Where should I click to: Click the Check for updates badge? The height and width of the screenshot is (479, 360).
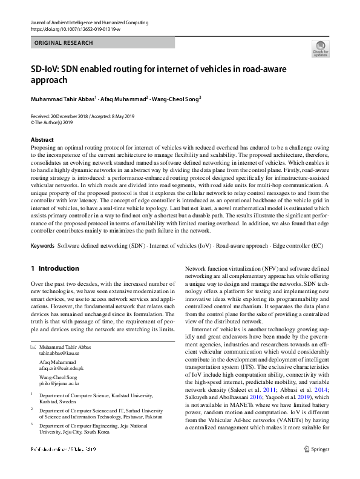[320, 48]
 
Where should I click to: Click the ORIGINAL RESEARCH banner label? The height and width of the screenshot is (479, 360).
[64, 43]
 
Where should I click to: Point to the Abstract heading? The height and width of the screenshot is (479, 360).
[42, 139]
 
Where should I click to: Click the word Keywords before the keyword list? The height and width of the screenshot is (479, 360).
[42, 246]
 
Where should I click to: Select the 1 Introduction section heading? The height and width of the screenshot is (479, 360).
[54, 268]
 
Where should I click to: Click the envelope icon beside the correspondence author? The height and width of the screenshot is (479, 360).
[33, 346]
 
